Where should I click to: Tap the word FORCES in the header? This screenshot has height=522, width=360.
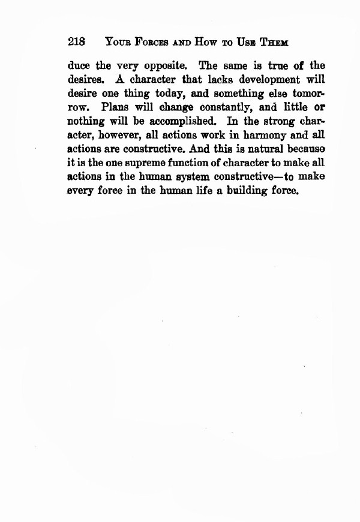coord(148,43)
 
